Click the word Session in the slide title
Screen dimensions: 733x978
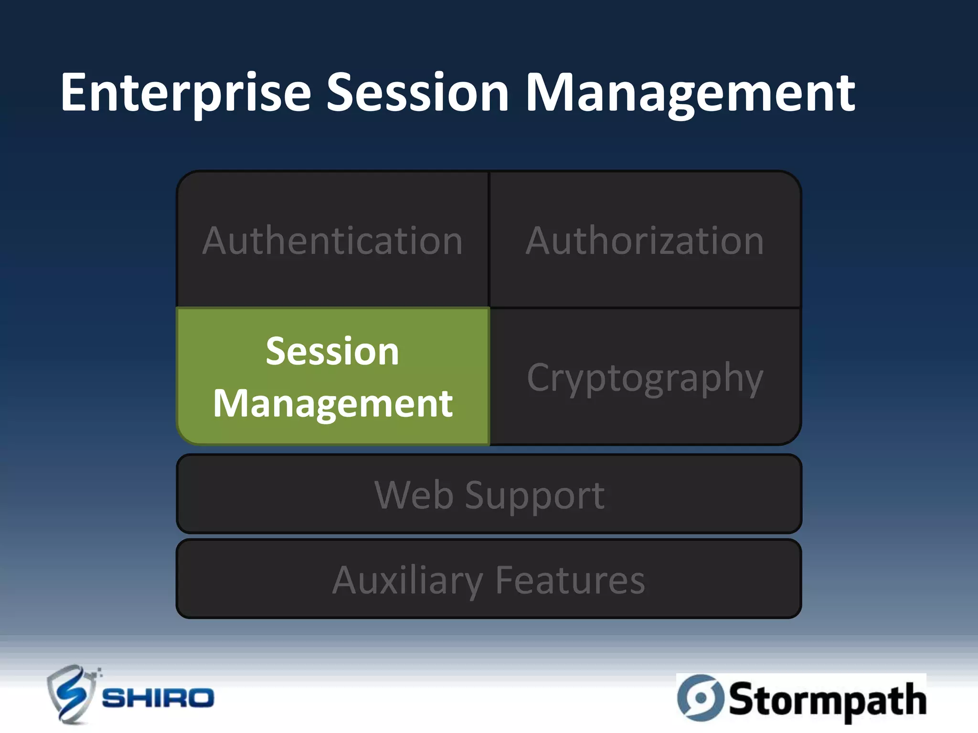pyautogui.click(x=418, y=93)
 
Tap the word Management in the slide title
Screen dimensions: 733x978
pyautogui.click(x=690, y=93)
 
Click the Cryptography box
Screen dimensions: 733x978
pyautogui.click(x=645, y=377)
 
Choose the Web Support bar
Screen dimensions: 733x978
pyautogui.click(x=489, y=494)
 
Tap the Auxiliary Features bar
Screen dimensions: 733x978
pyautogui.click(x=489, y=579)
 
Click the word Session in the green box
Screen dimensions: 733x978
pyautogui.click(x=332, y=351)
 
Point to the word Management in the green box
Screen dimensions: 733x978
pyautogui.click(x=332, y=404)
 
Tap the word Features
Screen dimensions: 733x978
pyautogui.click(x=570, y=579)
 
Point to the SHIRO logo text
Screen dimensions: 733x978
pyautogui.click(x=158, y=699)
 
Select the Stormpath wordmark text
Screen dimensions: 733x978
pyautogui.click(x=826, y=700)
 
